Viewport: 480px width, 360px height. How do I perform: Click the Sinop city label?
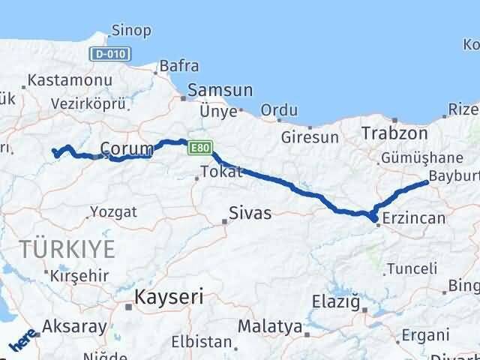tap(130, 31)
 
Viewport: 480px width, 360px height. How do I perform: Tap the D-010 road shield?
tap(111, 54)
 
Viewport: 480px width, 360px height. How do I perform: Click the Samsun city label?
tap(220, 90)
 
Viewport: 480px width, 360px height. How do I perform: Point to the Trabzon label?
tap(394, 133)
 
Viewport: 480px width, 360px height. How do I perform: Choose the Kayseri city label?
tap(169, 298)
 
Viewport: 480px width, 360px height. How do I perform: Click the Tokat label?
tap(223, 172)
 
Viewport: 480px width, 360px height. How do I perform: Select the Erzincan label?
tap(413, 219)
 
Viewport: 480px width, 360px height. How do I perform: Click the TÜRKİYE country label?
tap(68, 250)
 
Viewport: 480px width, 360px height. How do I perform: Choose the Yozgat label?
tap(113, 211)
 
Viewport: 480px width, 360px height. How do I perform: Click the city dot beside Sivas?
tap(224, 220)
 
